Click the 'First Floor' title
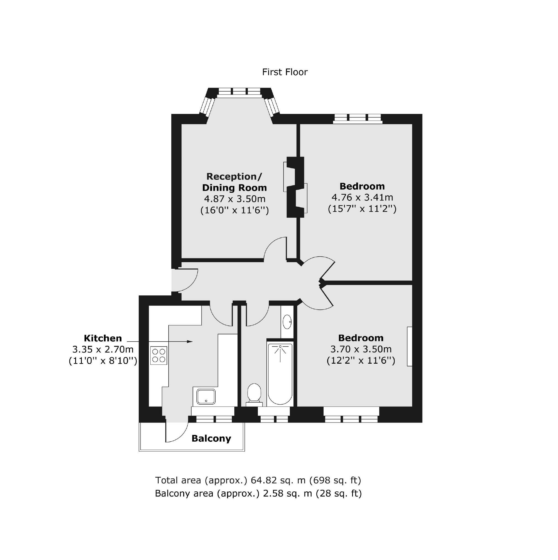tap(284, 72)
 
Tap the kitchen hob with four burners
tap(158, 355)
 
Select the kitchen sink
tap(206, 397)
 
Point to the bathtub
tap(280, 374)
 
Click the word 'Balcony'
tap(211, 439)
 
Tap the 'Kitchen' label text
tap(103, 338)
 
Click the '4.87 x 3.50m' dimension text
tap(235, 199)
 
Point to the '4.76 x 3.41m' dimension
tap(362, 197)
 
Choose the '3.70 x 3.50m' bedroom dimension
tap(361, 349)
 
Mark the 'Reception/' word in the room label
tap(234, 176)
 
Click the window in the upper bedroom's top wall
tap(358, 118)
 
